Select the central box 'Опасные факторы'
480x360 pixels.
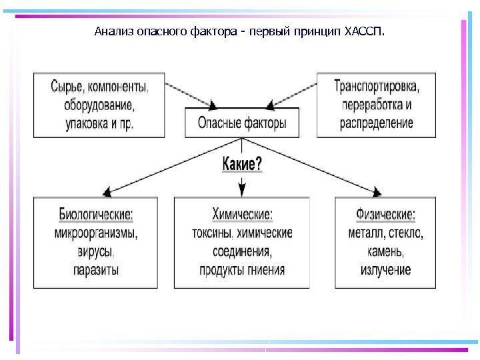pyautogui.click(x=242, y=123)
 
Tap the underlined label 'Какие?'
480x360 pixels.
pyautogui.click(x=241, y=164)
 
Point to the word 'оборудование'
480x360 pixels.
pyautogui.click(x=99, y=105)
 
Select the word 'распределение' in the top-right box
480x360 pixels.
pyautogui.click(x=377, y=123)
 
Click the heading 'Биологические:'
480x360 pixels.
pyautogui.click(x=96, y=215)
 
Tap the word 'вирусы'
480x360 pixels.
pyautogui.click(x=96, y=252)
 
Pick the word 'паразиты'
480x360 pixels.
pyautogui.click(x=96, y=270)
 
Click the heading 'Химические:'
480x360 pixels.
pyautogui.click(x=242, y=215)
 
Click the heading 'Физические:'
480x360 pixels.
pyautogui.click(x=386, y=215)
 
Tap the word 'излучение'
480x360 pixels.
pyautogui.click(x=386, y=270)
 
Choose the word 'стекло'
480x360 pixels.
pyautogui.click(x=404, y=233)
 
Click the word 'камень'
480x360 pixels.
pyautogui.click(x=386, y=252)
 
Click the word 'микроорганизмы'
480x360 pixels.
pyautogui.click(x=96, y=233)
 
